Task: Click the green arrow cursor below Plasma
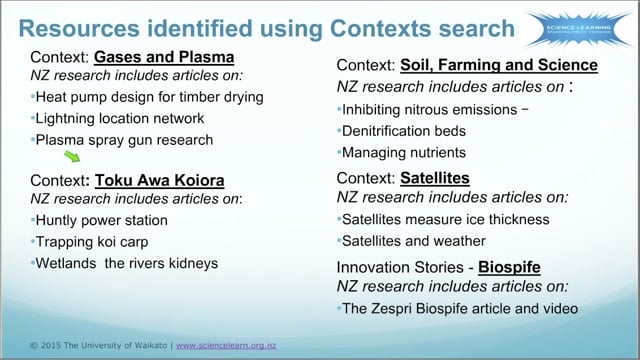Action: click(x=72, y=156)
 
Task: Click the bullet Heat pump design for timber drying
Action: click(x=148, y=97)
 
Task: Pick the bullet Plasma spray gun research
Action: click(x=123, y=140)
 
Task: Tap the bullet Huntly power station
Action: click(x=100, y=220)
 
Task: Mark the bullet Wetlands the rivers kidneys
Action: click(x=125, y=264)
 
